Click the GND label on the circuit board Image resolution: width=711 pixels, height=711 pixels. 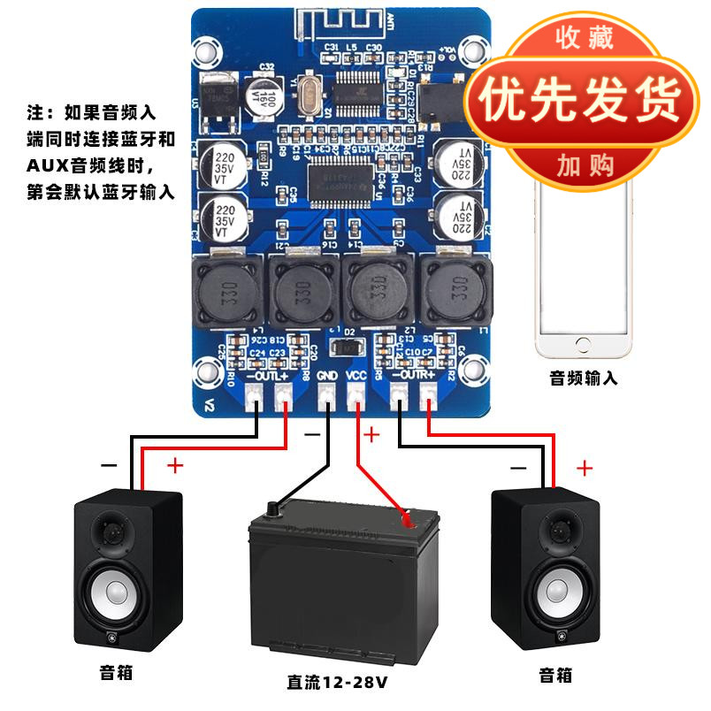(327, 375)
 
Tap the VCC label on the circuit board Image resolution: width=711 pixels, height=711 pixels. (355, 375)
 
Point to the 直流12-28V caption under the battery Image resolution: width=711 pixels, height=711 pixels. (337, 682)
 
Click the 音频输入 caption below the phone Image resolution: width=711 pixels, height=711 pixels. (584, 379)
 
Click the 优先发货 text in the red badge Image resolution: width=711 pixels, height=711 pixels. (581, 100)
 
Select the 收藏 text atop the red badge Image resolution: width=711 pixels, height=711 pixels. (583, 38)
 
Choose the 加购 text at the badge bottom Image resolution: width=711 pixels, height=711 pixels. (583, 164)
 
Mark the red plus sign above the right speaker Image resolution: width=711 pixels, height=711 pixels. (585, 468)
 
